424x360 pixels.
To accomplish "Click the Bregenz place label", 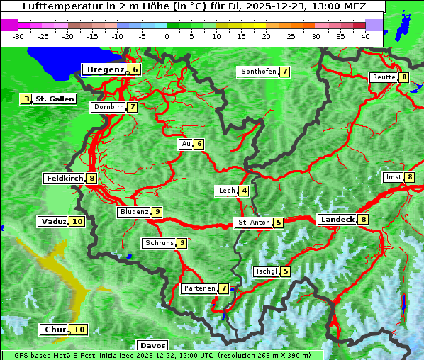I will pyautogui.click(x=105, y=69).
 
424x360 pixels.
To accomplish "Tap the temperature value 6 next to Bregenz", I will pyautogui.click(x=135, y=69).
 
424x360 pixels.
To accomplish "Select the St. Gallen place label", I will pyautogui.click(x=55, y=99).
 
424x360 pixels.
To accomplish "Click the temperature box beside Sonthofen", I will pyautogui.click(x=284, y=72).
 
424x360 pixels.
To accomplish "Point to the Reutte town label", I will pyautogui.click(x=384, y=77).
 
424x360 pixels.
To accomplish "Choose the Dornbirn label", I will pyautogui.click(x=108, y=107).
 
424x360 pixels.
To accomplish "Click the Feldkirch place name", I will pyautogui.click(x=65, y=179).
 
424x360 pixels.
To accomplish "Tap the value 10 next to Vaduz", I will pyautogui.click(x=77, y=222).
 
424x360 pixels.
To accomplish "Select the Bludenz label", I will pyautogui.click(x=134, y=212).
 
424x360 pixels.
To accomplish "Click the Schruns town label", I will pyautogui.click(x=159, y=243).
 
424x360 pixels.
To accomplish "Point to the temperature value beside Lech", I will pyautogui.click(x=244, y=191).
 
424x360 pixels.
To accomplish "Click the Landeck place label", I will pyautogui.click(x=337, y=220).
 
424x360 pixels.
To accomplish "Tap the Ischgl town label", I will pyautogui.click(x=266, y=271).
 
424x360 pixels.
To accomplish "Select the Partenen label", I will pyautogui.click(x=199, y=288).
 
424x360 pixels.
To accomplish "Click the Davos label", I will pyautogui.click(x=153, y=346).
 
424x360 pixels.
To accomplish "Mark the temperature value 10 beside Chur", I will pyautogui.click(x=79, y=330).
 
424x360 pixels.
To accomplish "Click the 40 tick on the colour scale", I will pyautogui.click(x=365, y=35).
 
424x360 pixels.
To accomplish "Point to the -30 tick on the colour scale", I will pyautogui.click(x=19, y=35).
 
